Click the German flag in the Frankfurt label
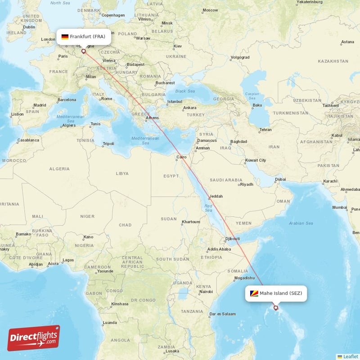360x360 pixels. [65, 36]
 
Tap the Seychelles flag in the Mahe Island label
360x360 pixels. [254, 293]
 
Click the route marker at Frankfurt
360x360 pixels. [83, 51]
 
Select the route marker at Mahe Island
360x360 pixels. [276, 308]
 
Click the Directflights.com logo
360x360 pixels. [34, 338]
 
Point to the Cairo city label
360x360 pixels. [181, 157]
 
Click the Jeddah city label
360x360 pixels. [216, 196]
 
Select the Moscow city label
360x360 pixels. [210, 10]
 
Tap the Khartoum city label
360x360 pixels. [190, 222]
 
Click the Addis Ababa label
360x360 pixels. [219, 249]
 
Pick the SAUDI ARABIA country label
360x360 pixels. [226, 180]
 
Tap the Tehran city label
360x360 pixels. [265, 130]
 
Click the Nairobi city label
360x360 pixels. [206, 292]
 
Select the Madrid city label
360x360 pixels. [40, 105]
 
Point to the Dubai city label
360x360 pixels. [280, 179]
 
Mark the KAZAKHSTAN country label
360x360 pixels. [333, 61]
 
